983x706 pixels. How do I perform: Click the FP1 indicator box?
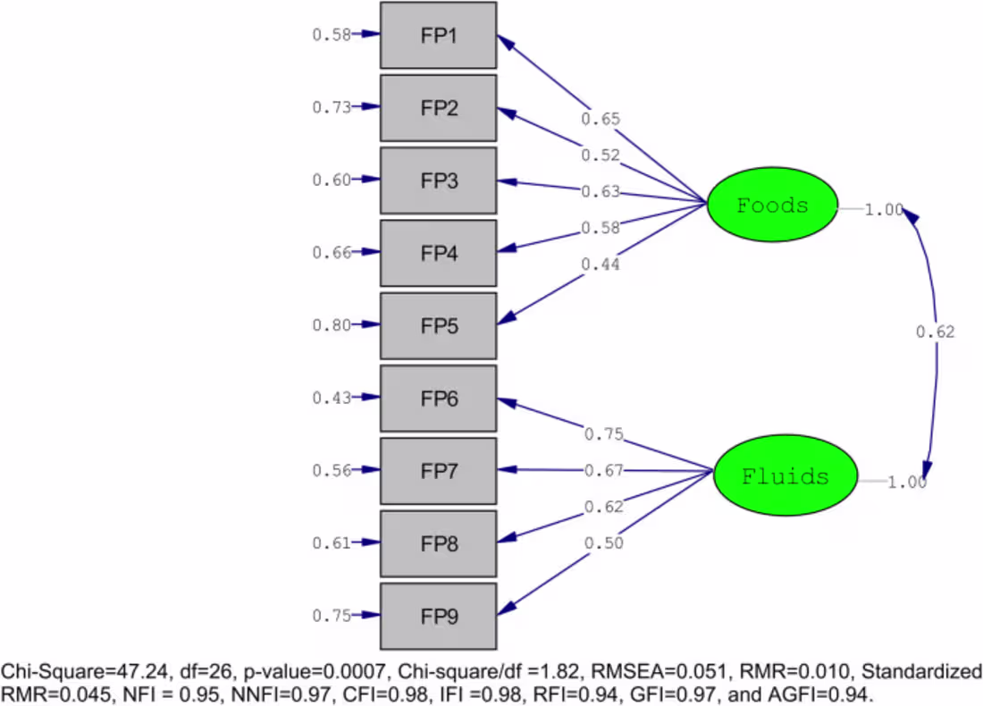(438, 36)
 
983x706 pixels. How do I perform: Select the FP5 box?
(438, 326)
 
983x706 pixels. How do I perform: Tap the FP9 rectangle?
(438, 617)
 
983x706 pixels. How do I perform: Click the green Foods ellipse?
(772, 206)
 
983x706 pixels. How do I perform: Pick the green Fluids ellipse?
(785, 476)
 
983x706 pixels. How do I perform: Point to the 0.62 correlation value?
(935, 332)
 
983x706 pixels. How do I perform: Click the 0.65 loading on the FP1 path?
(601, 119)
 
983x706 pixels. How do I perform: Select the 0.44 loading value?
(601, 264)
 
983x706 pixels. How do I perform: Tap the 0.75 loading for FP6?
(604, 434)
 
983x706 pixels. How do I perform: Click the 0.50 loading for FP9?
(604, 543)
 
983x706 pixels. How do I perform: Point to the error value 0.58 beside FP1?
(331, 35)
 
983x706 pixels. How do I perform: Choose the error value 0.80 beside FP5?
(331, 325)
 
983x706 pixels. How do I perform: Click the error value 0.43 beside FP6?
(331, 398)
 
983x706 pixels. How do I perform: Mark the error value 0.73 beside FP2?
(331, 107)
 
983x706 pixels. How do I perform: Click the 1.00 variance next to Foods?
(885, 210)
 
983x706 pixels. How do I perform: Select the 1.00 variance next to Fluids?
(907, 483)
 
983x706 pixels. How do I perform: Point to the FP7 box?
(438, 471)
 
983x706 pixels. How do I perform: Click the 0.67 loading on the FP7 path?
(604, 471)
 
